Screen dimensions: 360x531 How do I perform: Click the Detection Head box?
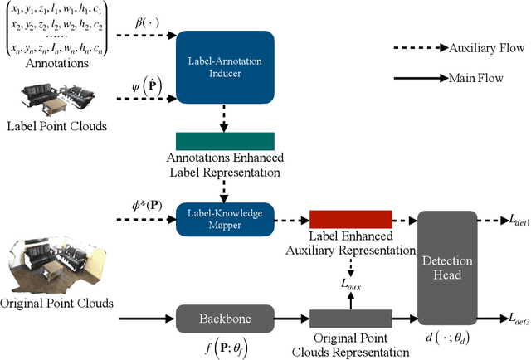click(x=449, y=267)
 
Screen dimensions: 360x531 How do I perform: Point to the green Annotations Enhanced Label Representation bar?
click(x=225, y=141)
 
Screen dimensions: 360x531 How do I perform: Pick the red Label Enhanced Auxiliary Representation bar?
click(x=349, y=219)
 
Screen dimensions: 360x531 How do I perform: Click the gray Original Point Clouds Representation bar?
click(x=349, y=318)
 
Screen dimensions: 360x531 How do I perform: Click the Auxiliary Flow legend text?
click(x=486, y=49)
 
